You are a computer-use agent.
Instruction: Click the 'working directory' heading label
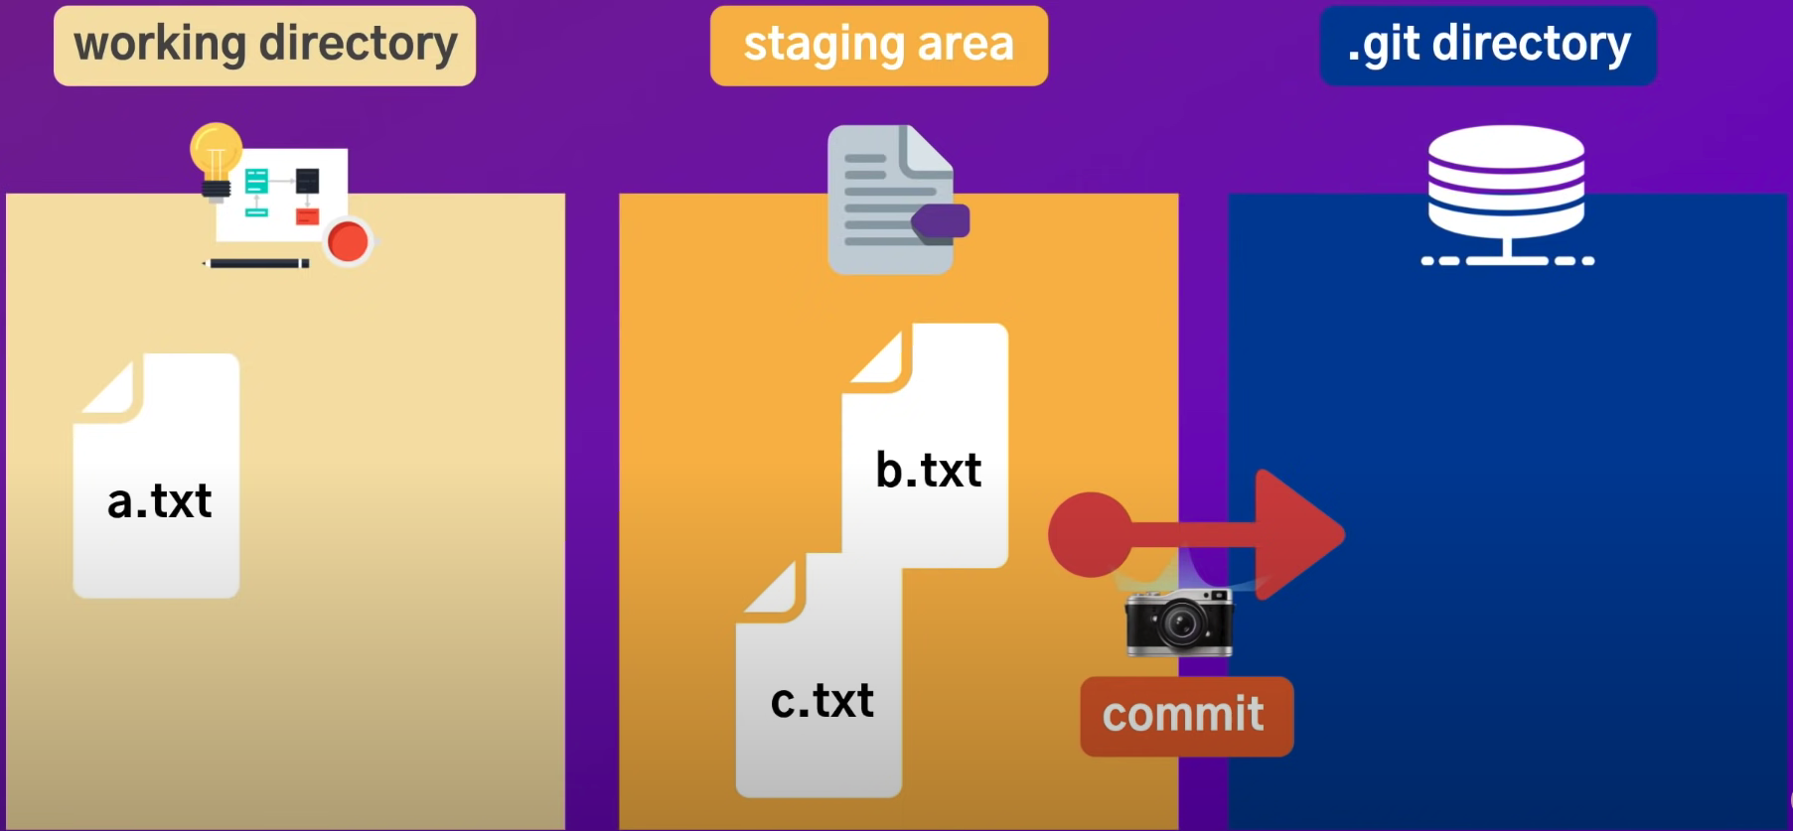[x=264, y=46]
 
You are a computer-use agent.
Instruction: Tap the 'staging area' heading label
[x=878, y=46]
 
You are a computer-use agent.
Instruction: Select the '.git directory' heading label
[x=1488, y=46]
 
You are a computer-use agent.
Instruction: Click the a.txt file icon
[x=157, y=477]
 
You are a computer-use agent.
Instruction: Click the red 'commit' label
[x=1186, y=716]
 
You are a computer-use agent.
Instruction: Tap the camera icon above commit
[x=1179, y=622]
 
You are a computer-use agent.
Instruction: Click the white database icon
[x=1506, y=194]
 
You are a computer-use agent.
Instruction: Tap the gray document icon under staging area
[x=889, y=199]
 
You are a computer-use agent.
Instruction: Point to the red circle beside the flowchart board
[x=348, y=240]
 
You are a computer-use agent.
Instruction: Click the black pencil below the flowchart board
[x=256, y=263]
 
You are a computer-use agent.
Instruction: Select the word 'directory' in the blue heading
[x=1531, y=46]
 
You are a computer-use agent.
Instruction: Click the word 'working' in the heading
[x=159, y=46]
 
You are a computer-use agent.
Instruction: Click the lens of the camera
[x=1180, y=624]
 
